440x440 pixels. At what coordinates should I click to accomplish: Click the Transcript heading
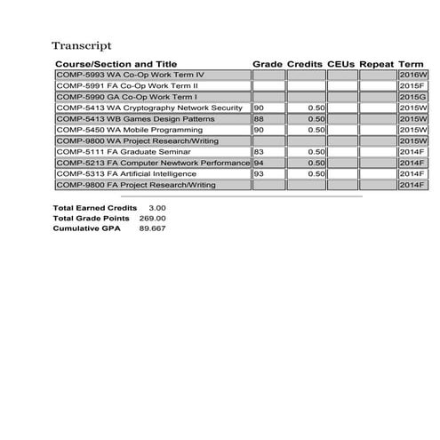coord(81,45)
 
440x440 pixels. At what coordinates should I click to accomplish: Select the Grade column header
coord(267,65)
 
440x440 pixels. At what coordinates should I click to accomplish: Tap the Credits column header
coord(304,65)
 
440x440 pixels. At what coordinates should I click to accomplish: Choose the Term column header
coord(412,65)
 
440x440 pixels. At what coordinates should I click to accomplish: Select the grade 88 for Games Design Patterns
coord(259,119)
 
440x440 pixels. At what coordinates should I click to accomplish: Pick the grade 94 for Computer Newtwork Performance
coord(259,164)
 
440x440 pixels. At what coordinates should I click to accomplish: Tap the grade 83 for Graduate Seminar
coord(259,152)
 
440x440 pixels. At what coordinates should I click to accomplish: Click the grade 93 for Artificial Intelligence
coord(259,174)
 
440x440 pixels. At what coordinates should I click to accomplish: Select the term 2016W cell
coord(412,76)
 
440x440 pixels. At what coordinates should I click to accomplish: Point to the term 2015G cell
coord(412,97)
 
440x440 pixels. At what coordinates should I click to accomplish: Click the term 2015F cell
coord(412,86)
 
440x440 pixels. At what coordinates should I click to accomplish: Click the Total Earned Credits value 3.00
coord(156,207)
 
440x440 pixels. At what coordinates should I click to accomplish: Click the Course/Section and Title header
coord(116,65)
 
